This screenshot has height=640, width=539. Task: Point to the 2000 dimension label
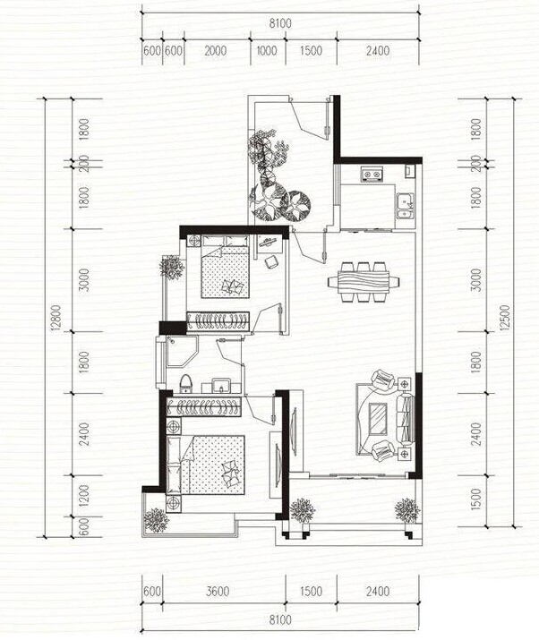tap(216, 51)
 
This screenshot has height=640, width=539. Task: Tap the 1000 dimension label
tap(267, 51)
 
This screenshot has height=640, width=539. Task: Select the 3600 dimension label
tap(218, 592)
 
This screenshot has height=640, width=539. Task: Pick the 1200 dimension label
tap(83, 496)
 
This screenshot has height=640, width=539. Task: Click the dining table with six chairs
tap(364, 282)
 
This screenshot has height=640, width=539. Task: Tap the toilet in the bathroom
tap(186, 384)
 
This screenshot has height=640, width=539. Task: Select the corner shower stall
tap(182, 351)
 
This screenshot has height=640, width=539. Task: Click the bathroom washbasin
tap(221, 386)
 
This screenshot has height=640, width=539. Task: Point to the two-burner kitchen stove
tap(372, 175)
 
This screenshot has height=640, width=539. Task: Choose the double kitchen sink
tap(405, 206)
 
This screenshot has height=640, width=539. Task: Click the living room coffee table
tap(378, 419)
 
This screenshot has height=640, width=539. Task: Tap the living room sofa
tap(405, 419)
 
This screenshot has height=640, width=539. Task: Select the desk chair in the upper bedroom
tap(271, 261)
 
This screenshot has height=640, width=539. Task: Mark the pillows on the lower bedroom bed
tap(231, 474)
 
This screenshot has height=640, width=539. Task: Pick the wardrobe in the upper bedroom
tap(218, 320)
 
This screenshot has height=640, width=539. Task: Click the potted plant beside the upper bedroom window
tap(172, 268)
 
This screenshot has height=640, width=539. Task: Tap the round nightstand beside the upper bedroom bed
tap(193, 241)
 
